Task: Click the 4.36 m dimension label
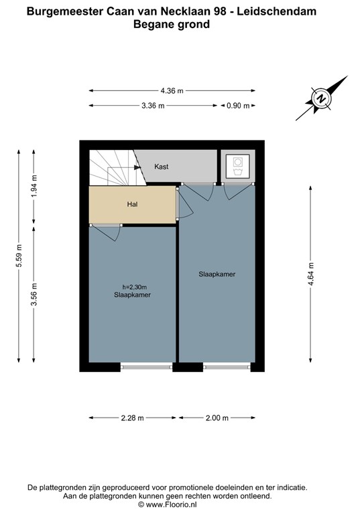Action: [172, 91]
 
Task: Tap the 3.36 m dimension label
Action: [152, 106]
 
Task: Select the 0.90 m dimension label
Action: [237, 106]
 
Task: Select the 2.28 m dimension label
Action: [132, 418]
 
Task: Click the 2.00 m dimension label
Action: [217, 418]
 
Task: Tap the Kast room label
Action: [162, 166]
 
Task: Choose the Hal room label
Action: [132, 204]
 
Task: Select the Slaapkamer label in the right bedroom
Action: [217, 274]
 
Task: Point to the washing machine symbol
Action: [237, 165]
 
